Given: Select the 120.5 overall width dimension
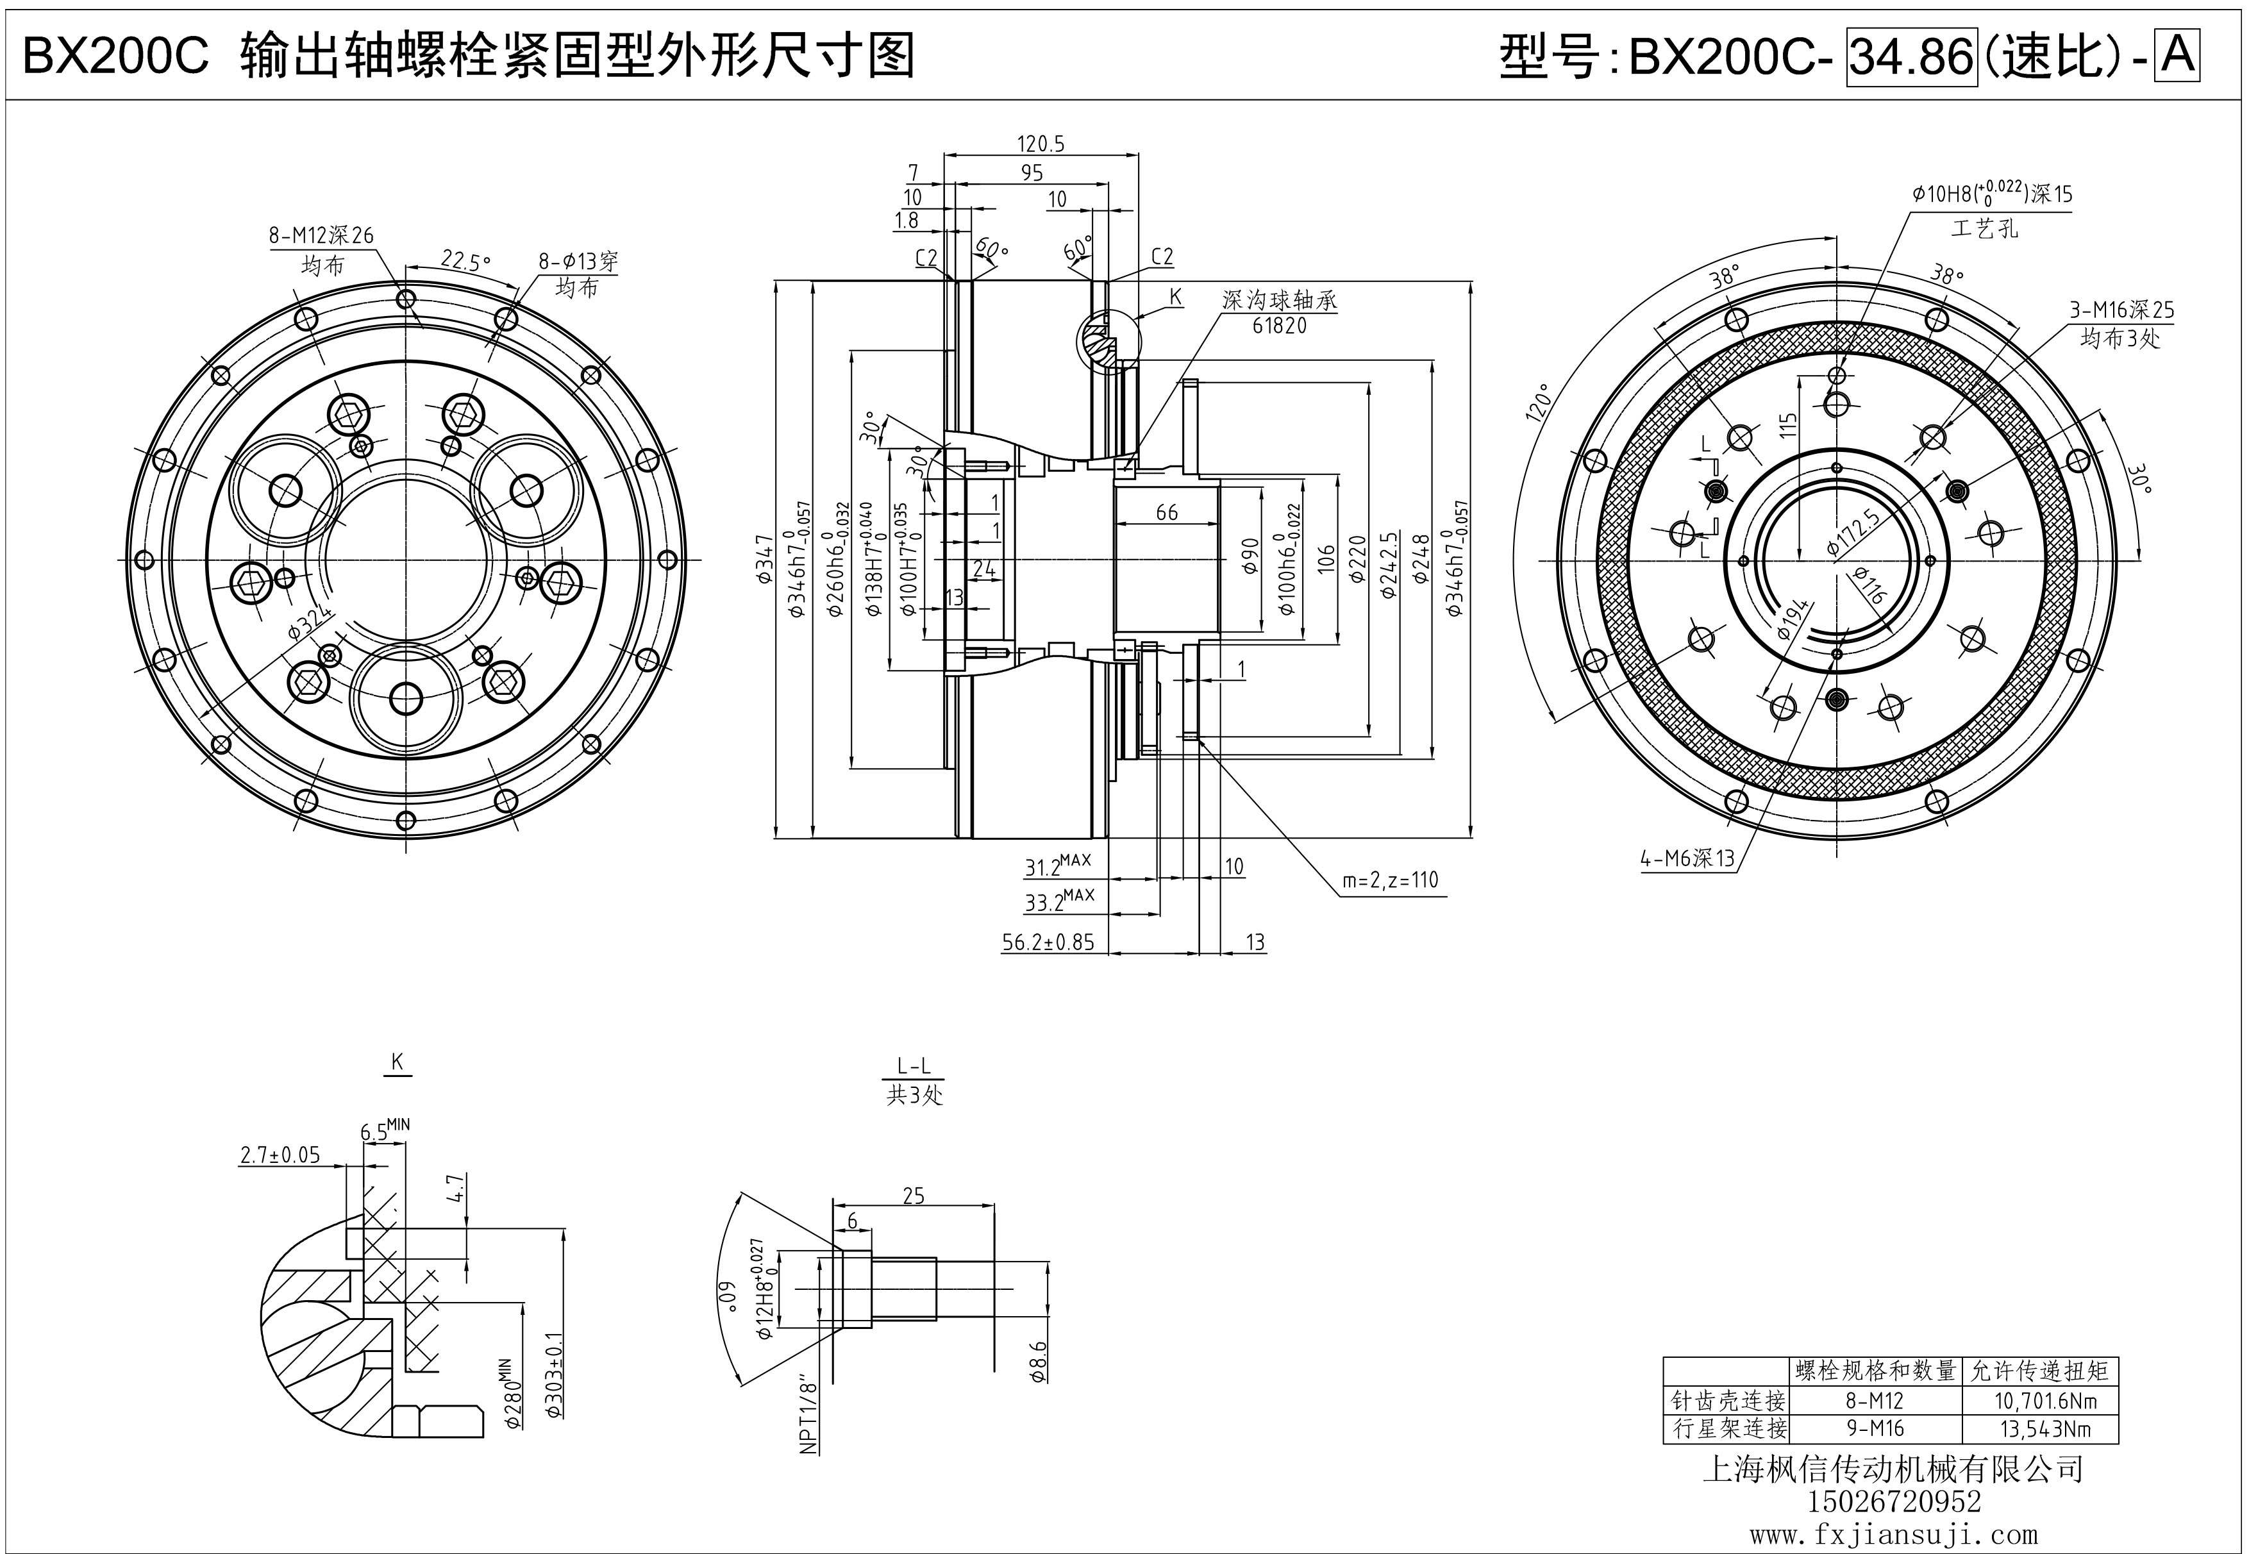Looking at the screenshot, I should pyautogui.click(x=1041, y=144).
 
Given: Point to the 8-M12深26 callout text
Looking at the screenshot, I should pyautogui.click(x=321, y=236).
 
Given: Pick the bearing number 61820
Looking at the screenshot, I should pyautogui.click(x=1279, y=326).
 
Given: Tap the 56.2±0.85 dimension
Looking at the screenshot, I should pyautogui.click(x=1048, y=942).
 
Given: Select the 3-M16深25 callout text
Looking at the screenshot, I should pyautogui.click(x=2121, y=310).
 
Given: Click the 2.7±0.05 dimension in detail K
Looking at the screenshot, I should pyautogui.click(x=280, y=1156).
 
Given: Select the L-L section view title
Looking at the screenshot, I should pyautogui.click(x=913, y=1067).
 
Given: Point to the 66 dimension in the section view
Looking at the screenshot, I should pyautogui.click(x=1166, y=512).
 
